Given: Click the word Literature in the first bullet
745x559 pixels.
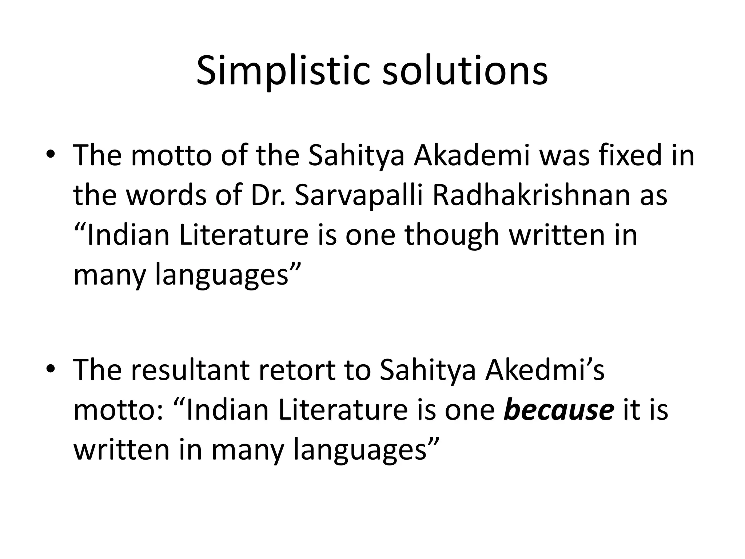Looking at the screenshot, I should click(244, 235).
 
